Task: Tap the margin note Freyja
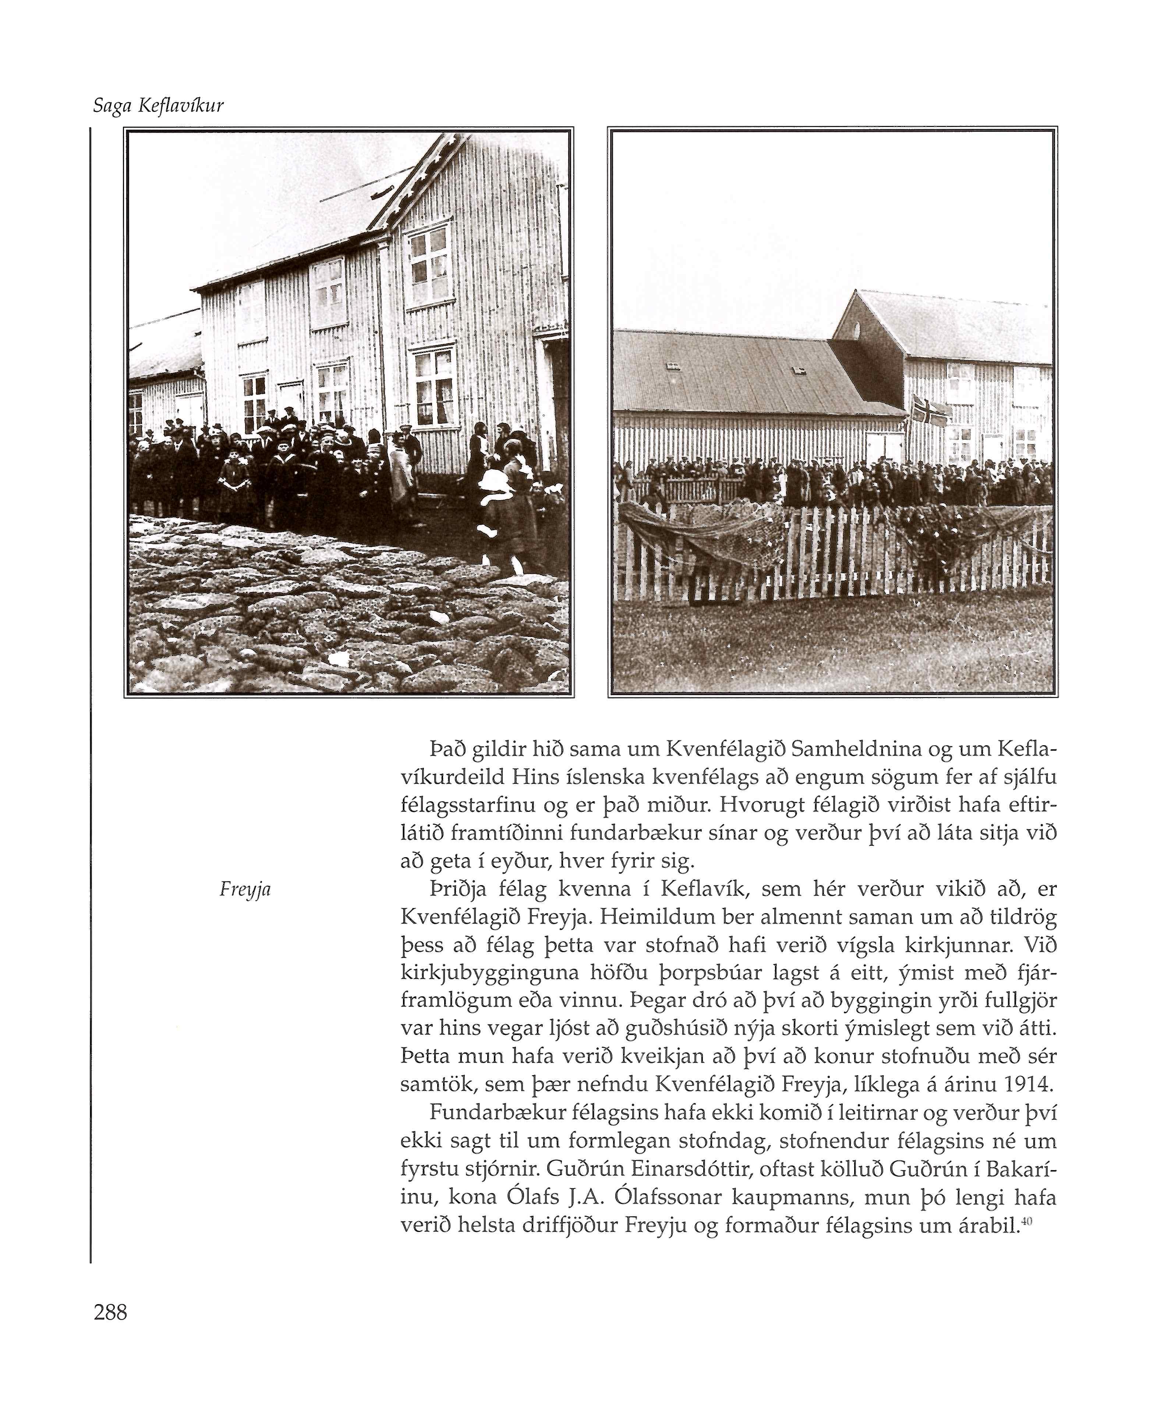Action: [x=245, y=890]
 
